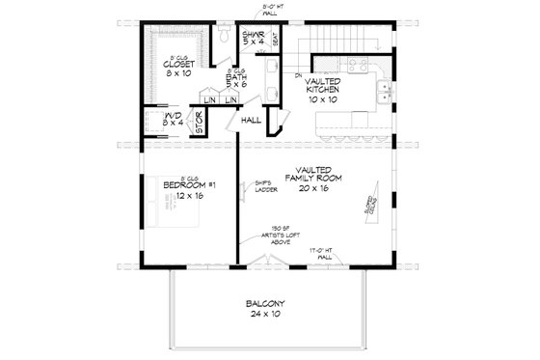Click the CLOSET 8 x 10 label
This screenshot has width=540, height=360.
[175, 64]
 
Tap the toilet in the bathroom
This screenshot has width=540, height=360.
[224, 36]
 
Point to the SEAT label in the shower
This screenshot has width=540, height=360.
[276, 41]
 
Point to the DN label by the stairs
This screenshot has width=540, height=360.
[299, 74]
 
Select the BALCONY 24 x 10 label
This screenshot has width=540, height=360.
[268, 311]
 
